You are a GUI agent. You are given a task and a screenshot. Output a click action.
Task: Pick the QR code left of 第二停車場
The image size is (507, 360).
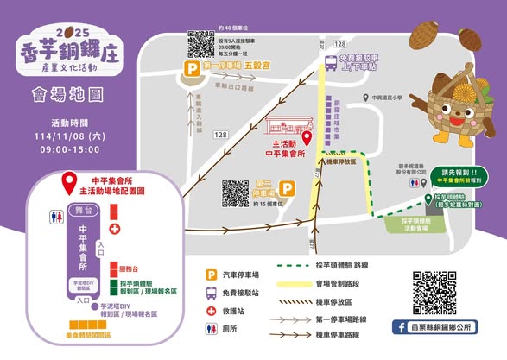(x=236, y=193)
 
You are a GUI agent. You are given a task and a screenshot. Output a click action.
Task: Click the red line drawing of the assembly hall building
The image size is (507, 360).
(x=289, y=123)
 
